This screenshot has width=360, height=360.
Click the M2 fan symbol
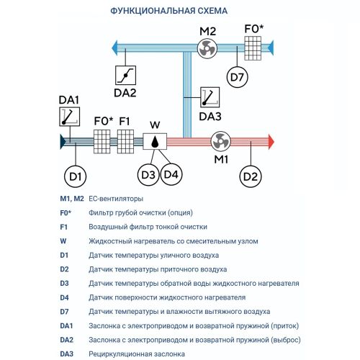coord(207,49)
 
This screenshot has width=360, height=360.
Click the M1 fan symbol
coord(220,141)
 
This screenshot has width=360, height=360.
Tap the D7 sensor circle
coord(237,77)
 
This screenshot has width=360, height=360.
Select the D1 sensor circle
coord(76,176)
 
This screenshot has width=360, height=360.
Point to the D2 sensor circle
coord(251,176)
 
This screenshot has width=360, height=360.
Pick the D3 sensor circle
coord(148,175)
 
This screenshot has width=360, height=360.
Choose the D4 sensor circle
coord(171,174)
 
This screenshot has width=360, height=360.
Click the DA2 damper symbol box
coord(125,75)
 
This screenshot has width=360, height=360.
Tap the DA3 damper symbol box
coord(210,97)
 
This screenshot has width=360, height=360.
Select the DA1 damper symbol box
coord(70,117)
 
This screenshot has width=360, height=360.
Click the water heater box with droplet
coord(155,141)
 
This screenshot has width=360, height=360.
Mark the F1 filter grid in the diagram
coord(125,142)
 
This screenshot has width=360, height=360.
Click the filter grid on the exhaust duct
coord(253,48)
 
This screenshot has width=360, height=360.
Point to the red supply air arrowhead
coord(271,142)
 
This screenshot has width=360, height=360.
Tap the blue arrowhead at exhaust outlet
coord(114,48)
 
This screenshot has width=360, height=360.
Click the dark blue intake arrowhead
coord(63,142)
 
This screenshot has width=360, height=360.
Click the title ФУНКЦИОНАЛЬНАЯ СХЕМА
coord(169,11)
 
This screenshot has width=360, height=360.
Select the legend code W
coord(63,241)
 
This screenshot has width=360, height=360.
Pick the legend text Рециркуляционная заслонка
coord(137,354)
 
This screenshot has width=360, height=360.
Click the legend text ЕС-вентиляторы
coord(116,199)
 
